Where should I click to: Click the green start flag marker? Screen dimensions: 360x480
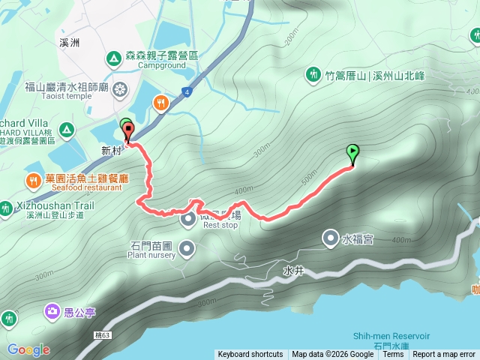(352, 153)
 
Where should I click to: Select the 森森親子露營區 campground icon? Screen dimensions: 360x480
(113, 57)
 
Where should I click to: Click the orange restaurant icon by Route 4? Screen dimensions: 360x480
(160, 102)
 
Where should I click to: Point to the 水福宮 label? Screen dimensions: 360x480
(358, 240)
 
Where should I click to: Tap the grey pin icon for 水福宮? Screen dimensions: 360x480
(330, 239)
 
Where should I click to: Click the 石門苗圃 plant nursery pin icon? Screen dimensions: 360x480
(187, 247)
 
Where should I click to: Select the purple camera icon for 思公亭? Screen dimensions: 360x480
(52, 310)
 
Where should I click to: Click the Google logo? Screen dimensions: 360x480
(28, 349)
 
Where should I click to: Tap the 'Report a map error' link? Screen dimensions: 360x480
(444, 354)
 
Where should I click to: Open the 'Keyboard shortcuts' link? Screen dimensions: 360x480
(250, 354)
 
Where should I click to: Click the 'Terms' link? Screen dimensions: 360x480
(393, 354)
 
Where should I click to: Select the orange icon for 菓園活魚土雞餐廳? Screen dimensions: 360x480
(33, 181)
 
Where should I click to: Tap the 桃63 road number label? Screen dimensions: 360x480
(103, 334)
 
